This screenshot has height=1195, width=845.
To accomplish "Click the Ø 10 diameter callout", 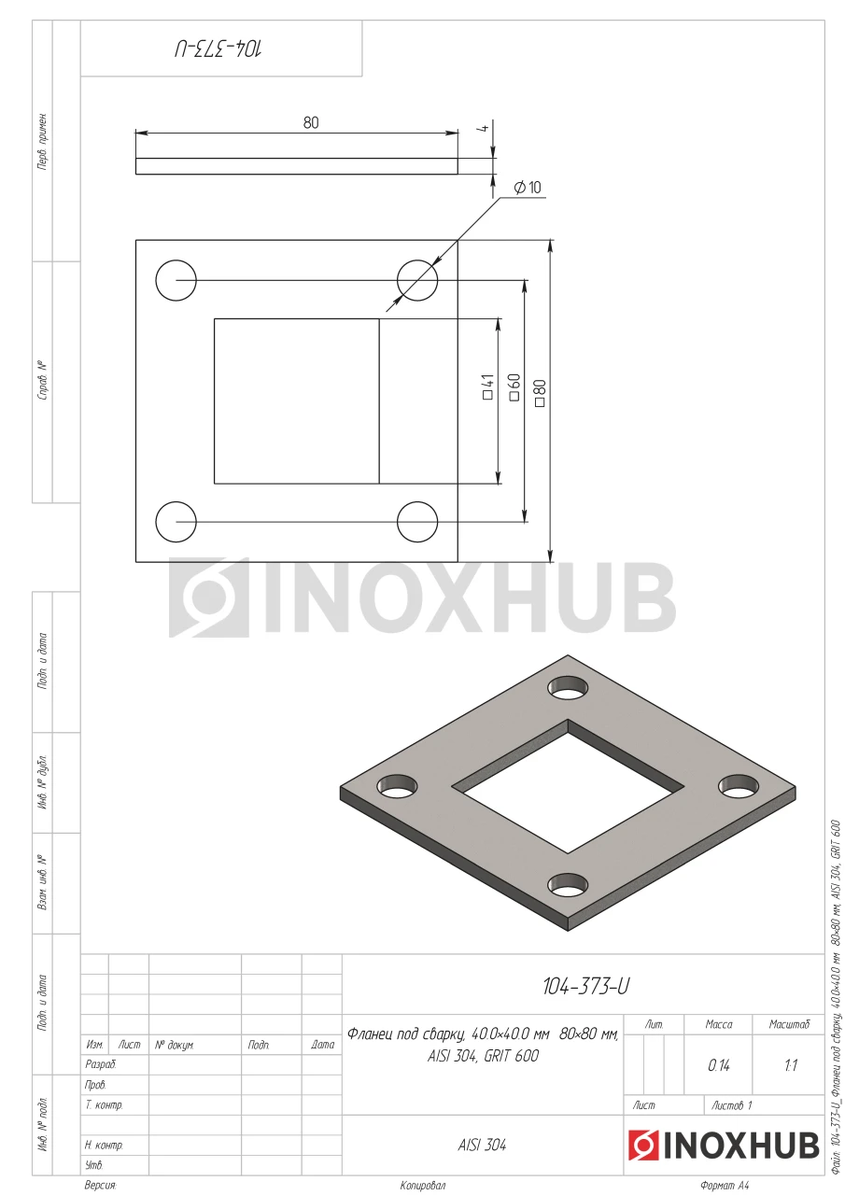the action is point(527,188).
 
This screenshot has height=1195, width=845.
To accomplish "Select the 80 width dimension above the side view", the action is point(311,122).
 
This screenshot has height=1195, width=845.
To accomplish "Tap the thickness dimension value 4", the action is point(484,128).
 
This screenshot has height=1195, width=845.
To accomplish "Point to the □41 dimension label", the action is point(487,387).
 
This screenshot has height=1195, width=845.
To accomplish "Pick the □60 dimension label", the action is point(514,387).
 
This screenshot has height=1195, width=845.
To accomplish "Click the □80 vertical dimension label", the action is point(540,393).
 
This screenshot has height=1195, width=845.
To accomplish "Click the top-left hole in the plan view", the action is point(176,280).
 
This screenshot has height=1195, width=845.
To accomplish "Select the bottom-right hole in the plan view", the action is point(417,522).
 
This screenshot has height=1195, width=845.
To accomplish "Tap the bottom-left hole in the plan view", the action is point(176,522).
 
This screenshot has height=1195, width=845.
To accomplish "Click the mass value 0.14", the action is point(719,1065).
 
